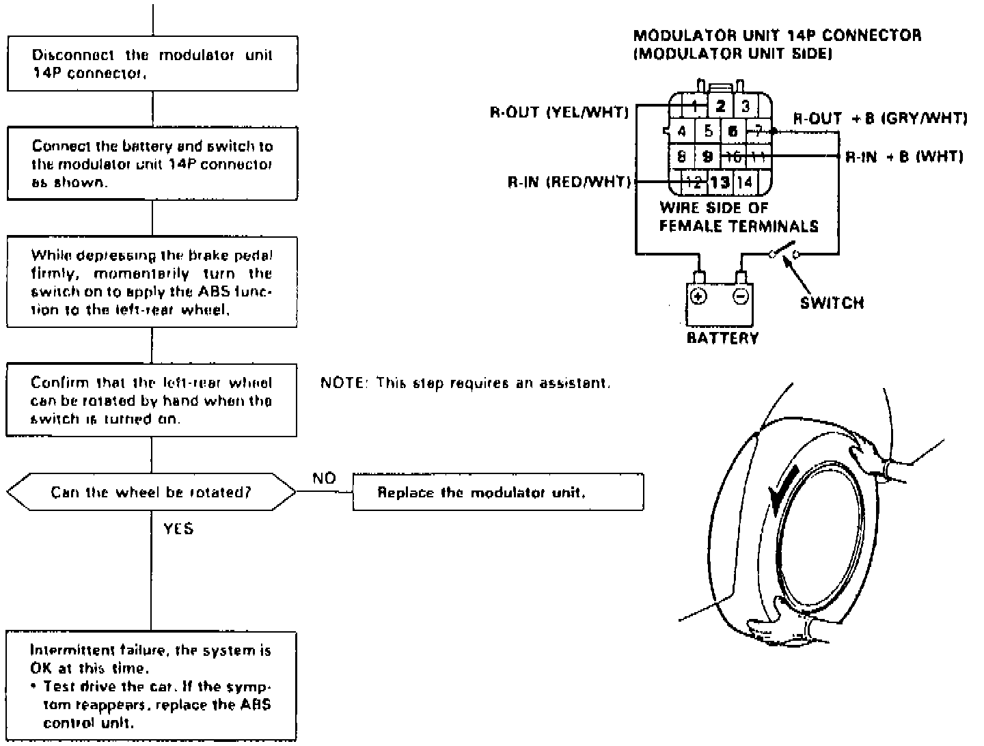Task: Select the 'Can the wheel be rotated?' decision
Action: [x=152, y=492]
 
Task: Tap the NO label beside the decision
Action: [x=324, y=478]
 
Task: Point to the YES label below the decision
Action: [x=178, y=528]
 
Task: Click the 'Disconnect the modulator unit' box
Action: [x=152, y=64]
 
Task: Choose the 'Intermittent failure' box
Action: [x=152, y=686]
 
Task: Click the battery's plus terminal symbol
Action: [x=698, y=296]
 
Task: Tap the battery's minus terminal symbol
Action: [x=741, y=296]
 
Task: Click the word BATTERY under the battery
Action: [x=722, y=338]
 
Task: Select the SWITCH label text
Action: [x=832, y=303]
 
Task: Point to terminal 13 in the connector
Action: [x=720, y=182]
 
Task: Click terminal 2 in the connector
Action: [x=720, y=106]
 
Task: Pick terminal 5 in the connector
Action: [x=708, y=130]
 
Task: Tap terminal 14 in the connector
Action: [x=744, y=182]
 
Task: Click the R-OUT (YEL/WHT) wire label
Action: [x=559, y=113]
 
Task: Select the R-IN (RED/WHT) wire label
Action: [x=569, y=182]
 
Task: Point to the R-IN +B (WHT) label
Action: [x=904, y=156]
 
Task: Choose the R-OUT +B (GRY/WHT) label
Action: [x=880, y=118]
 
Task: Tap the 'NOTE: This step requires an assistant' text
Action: [x=465, y=383]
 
